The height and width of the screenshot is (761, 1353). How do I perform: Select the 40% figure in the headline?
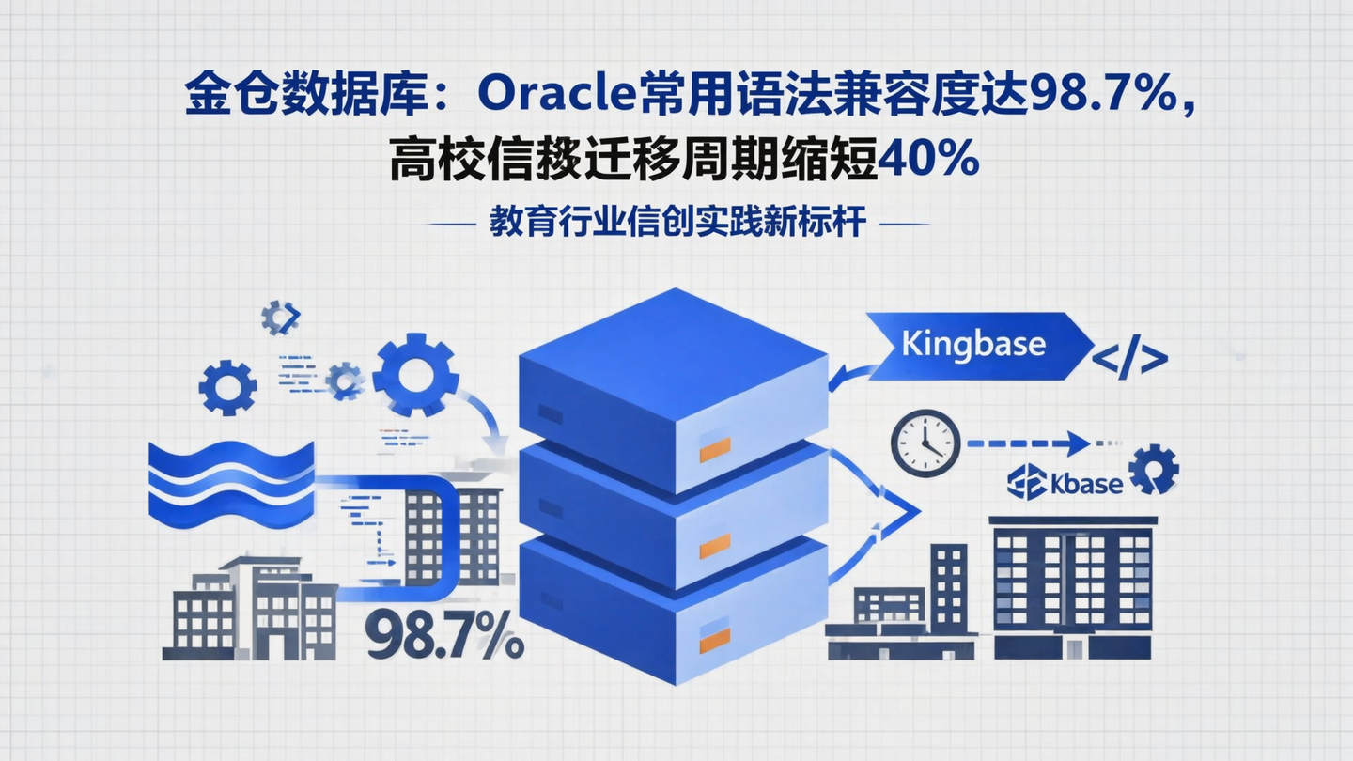[x=929, y=161]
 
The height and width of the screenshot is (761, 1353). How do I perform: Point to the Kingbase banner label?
[x=972, y=343]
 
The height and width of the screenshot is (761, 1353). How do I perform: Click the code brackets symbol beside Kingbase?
[x=1129, y=358]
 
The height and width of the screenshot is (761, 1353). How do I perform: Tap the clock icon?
[x=925, y=442]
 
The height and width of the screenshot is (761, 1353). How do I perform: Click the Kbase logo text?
[x=1065, y=483]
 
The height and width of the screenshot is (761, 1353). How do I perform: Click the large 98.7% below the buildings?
[x=444, y=635]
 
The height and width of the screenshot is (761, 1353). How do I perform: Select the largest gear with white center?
[x=415, y=375]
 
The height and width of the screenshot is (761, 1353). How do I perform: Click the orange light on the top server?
[x=715, y=449]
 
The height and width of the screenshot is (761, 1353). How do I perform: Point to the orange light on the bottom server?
[x=715, y=638]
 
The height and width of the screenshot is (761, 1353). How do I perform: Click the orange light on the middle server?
[x=715, y=546]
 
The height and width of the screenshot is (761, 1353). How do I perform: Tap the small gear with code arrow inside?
[x=279, y=318]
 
